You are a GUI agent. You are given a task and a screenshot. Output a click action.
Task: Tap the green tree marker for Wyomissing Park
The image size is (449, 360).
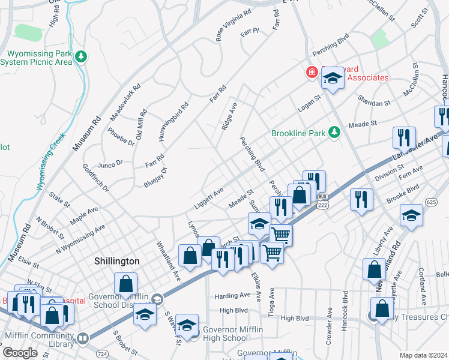[x=82, y=57]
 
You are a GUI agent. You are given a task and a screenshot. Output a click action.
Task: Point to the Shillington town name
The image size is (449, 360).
[x=117, y=262]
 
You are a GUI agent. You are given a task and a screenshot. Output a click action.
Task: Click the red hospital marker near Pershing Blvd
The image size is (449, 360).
[x=312, y=73]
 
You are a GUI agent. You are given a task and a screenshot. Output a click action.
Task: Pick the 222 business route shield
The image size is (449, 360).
[x=323, y=201]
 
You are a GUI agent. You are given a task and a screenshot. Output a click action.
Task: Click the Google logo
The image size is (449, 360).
[x=20, y=353]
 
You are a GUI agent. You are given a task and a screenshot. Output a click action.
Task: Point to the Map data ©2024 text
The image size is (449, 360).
[x=423, y=355]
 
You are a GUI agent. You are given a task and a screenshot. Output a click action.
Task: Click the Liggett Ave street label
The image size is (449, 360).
[x=208, y=198]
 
